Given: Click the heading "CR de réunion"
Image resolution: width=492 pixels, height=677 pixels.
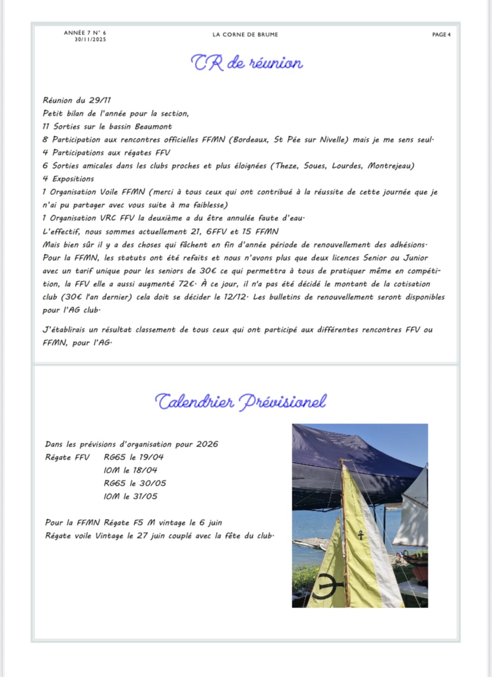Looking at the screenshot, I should tap(247, 62).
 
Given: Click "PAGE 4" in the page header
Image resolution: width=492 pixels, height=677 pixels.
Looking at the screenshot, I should tap(441, 34).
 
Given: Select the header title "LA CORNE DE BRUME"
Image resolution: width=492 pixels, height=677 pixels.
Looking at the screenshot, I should tap(245, 34).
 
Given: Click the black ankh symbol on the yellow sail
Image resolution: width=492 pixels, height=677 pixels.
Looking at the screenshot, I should tap(361, 535).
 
